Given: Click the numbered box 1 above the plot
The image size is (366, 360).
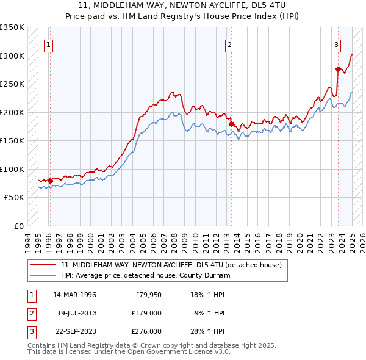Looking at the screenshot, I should [x=48, y=44].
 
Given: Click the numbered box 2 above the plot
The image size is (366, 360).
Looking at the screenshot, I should [x=230, y=44].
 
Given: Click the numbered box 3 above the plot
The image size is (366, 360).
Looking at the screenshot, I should [x=336, y=44].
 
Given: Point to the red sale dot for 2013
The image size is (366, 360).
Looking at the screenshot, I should [x=231, y=124].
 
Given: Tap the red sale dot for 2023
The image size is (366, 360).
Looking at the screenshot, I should [x=337, y=69].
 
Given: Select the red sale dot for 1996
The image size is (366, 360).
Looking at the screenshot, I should [x=50, y=180].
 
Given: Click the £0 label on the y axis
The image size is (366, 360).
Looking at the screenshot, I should [x=18, y=226].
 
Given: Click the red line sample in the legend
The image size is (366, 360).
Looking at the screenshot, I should [x=43, y=265].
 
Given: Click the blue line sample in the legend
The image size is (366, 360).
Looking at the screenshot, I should [x=43, y=275].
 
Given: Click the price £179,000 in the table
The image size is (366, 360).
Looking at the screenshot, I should [x=146, y=313].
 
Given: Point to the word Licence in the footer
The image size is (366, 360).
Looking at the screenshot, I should [x=201, y=351].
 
